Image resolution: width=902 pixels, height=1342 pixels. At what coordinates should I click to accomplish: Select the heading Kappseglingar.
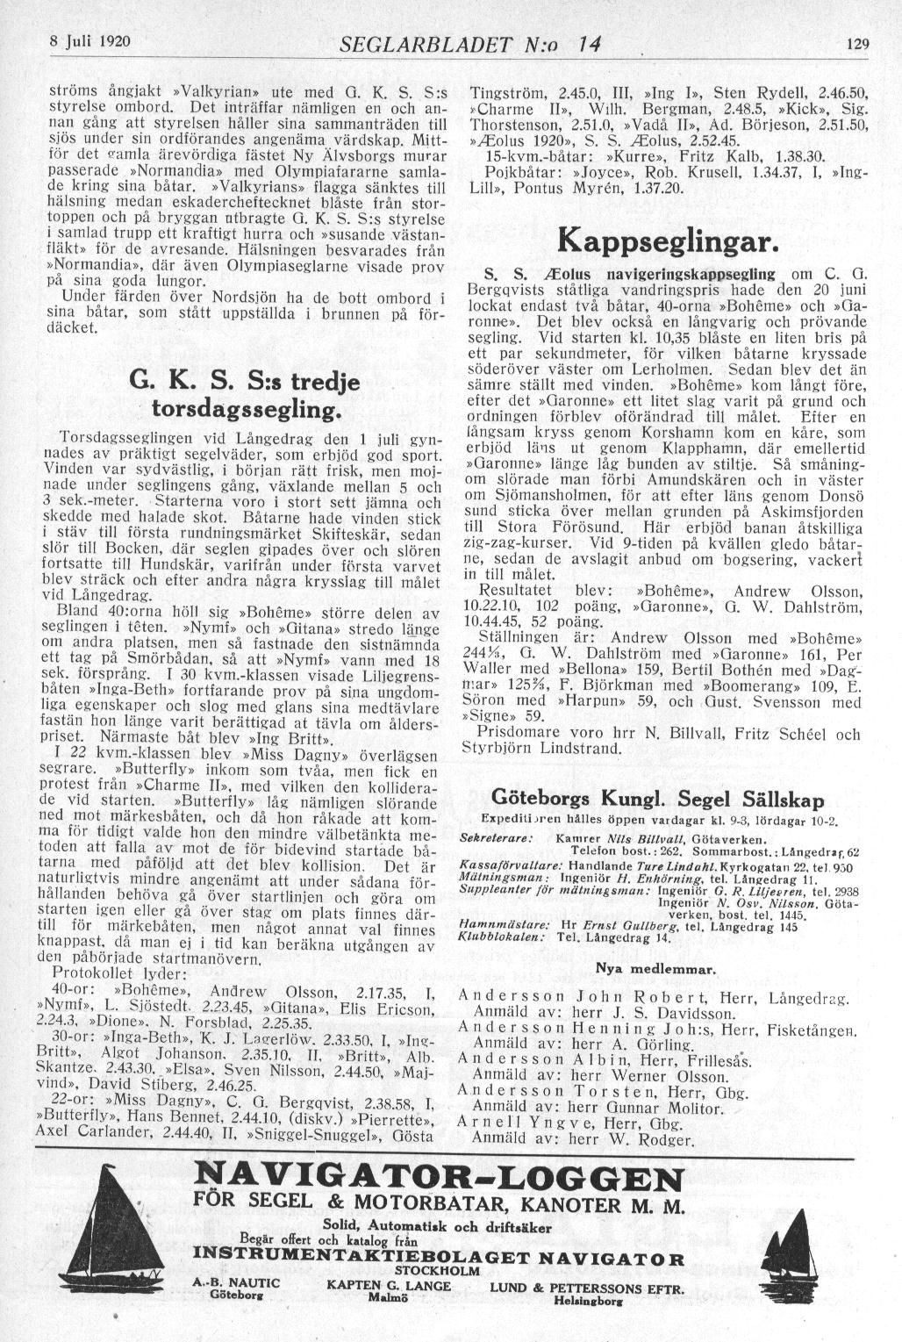[668, 240]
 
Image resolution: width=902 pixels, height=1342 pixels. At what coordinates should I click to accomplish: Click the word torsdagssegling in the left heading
[246, 410]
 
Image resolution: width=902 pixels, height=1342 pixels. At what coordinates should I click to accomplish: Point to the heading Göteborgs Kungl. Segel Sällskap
[658, 800]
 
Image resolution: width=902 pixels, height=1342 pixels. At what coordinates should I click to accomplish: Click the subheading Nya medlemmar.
[657, 969]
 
